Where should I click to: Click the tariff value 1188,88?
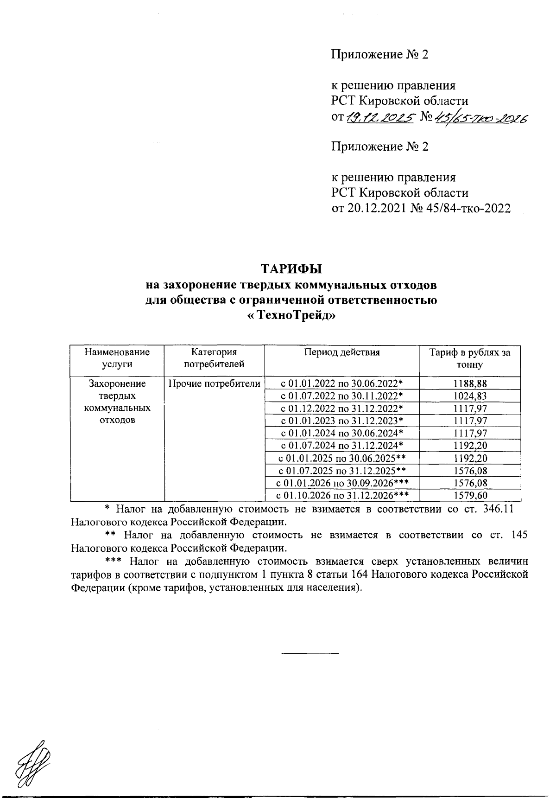coord(470,383)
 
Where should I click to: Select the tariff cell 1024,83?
coord(470,396)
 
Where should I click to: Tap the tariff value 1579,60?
coord(470,496)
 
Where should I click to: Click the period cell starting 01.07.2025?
coord(342,471)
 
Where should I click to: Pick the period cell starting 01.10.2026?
coord(342,496)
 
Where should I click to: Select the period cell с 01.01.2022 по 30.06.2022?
coord(342,383)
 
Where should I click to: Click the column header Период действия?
coord(342,352)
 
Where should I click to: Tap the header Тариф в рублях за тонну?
coord(470,358)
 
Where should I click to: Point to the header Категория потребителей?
coord(214,358)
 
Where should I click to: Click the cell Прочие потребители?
coord(214,383)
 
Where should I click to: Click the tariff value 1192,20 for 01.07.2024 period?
coord(470,446)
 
